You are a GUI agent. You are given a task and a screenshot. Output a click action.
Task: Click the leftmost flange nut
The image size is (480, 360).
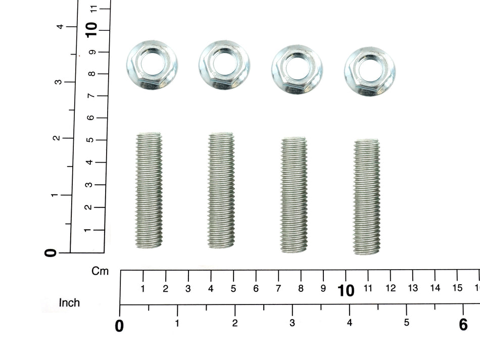click(x=152, y=65)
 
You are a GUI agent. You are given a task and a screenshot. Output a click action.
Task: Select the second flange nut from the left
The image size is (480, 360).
click(x=224, y=65)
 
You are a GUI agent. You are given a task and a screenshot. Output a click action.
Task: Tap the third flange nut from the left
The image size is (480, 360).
click(x=297, y=70)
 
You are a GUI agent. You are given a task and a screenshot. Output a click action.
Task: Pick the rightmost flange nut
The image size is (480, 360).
click(x=370, y=72)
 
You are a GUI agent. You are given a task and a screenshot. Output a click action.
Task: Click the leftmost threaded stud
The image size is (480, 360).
click(x=149, y=190)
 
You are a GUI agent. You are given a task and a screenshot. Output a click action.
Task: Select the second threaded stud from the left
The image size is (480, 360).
click(x=221, y=190)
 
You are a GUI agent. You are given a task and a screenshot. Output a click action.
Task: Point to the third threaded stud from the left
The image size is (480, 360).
click(x=294, y=195)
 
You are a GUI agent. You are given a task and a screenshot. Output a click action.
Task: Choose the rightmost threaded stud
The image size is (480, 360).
click(x=367, y=197)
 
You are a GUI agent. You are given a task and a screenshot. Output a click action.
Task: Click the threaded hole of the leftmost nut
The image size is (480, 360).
click(x=154, y=64)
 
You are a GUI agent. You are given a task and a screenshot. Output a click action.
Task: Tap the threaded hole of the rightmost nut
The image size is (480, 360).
click(x=371, y=71)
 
